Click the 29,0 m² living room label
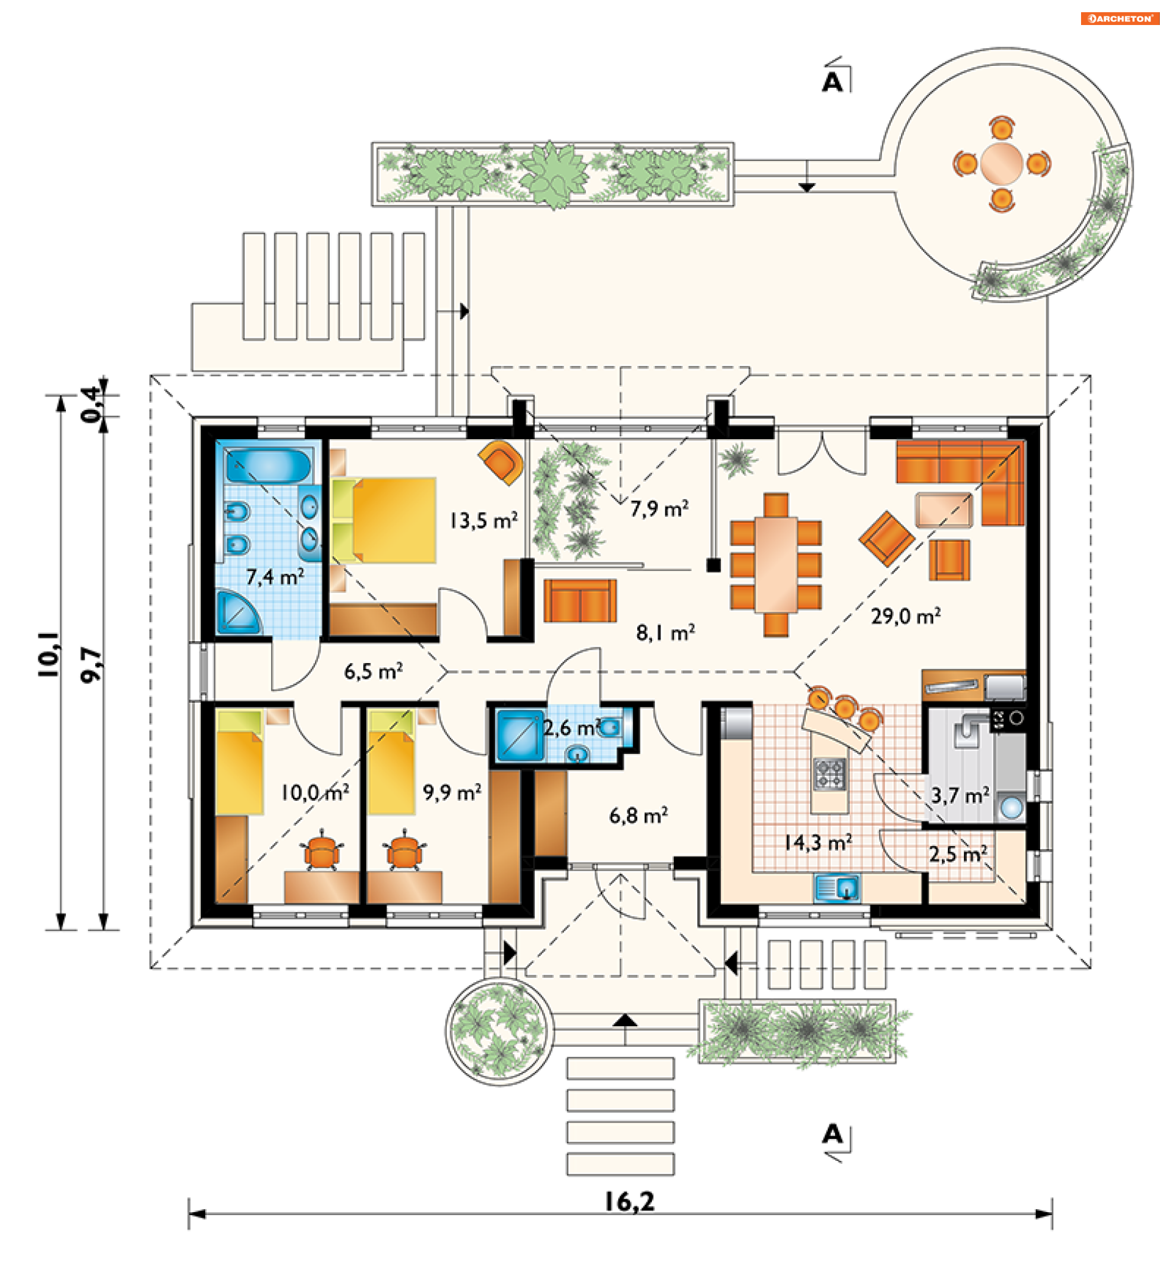pyautogui.click(x=905, y=616)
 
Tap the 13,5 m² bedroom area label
pyautogui.click(x=484, y=520)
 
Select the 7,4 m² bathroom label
pyautogui.click(x=275, y=577)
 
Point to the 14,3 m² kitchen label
pyautogui.click(x=817, y=842)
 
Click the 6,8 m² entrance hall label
pyautogui.click(x=638, y=815)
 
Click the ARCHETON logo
pyautogui.click(x=1120, y=18)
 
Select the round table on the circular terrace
pyautogui.click(x=1002, y=163)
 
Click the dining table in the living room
pyautogui.click(x=776, y=565)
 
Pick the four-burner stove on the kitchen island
pyautogui.click(x=830, y=774)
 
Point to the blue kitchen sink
pyautogui.click(x=837, y=888)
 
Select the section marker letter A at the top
pyautogui.click(x=832, y=82)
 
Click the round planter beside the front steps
pyautogui.click(x=499, y=1032)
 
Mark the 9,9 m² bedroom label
pyautogui.click(x=452, y=792)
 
